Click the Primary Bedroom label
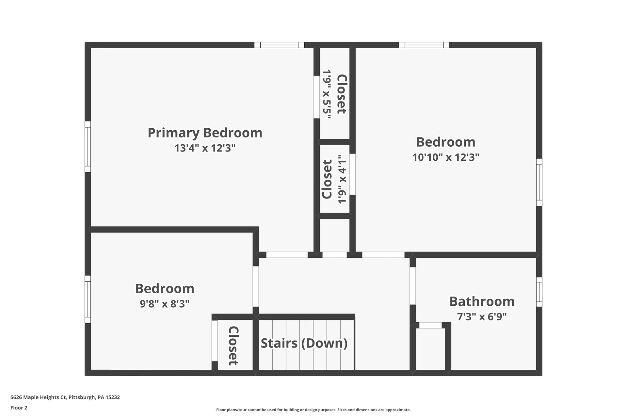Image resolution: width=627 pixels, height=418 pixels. pos(205,133)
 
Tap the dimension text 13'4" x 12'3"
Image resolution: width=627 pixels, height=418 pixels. pos(205,148)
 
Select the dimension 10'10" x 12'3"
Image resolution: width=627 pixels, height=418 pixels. pos(446,157)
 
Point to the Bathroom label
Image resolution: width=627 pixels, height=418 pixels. pos(482,301)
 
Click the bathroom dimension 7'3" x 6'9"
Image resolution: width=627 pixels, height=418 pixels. pos(482,316)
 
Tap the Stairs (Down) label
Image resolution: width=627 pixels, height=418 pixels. pos(304,344)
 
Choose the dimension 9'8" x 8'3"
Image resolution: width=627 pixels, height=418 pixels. pos(165,304)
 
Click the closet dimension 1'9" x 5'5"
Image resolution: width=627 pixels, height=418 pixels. pos(327,94)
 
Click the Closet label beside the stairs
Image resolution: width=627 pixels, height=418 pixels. pos(233,346)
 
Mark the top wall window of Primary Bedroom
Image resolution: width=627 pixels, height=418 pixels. pos(279,45)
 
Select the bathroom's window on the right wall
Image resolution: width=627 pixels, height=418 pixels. pos(539,292)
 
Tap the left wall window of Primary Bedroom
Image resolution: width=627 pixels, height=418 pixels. pos(88,147)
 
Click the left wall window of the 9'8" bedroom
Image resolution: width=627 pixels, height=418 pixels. pos(88,299)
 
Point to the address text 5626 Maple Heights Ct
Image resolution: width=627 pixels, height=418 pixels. pos(39,397)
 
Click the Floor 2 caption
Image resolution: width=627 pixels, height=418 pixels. pos(19,408)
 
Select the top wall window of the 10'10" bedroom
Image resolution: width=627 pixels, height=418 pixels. pos(424,45)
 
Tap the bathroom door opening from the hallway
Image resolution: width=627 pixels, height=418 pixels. pos(413,286)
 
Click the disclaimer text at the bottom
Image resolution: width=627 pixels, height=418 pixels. pos(313,410)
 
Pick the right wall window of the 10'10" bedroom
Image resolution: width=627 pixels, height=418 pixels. pos(539,182)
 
